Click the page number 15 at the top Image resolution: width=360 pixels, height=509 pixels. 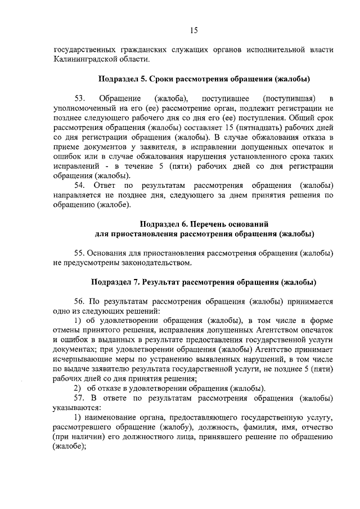(x=193, y=30)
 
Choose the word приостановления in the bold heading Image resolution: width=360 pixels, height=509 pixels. (x=150, y=233)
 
